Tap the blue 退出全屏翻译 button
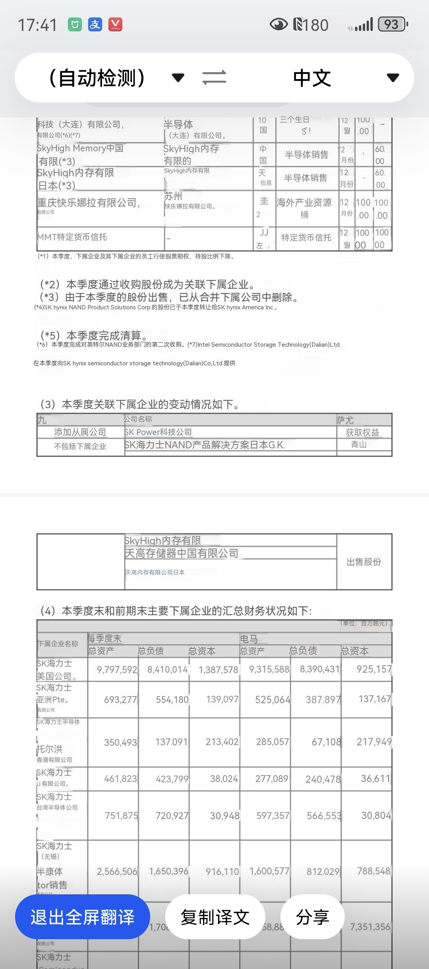[82, 917]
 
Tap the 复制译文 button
[215, 917]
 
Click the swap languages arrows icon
[214, 77]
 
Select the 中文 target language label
[312, 78]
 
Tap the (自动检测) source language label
[97, 78]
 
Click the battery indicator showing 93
[392, 25]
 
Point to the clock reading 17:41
[37, 25]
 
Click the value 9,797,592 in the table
[117, 670]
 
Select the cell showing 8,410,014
[167, 670]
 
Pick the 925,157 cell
[374, 670]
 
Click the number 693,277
[120, 700]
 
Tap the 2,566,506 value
[117, 871]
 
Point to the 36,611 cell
[375, 779]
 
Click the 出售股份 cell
[364, 562]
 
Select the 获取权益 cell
[362, 432]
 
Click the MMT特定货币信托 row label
[72, 237]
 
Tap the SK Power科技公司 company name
[158, 432]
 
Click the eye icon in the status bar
[278, 25]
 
